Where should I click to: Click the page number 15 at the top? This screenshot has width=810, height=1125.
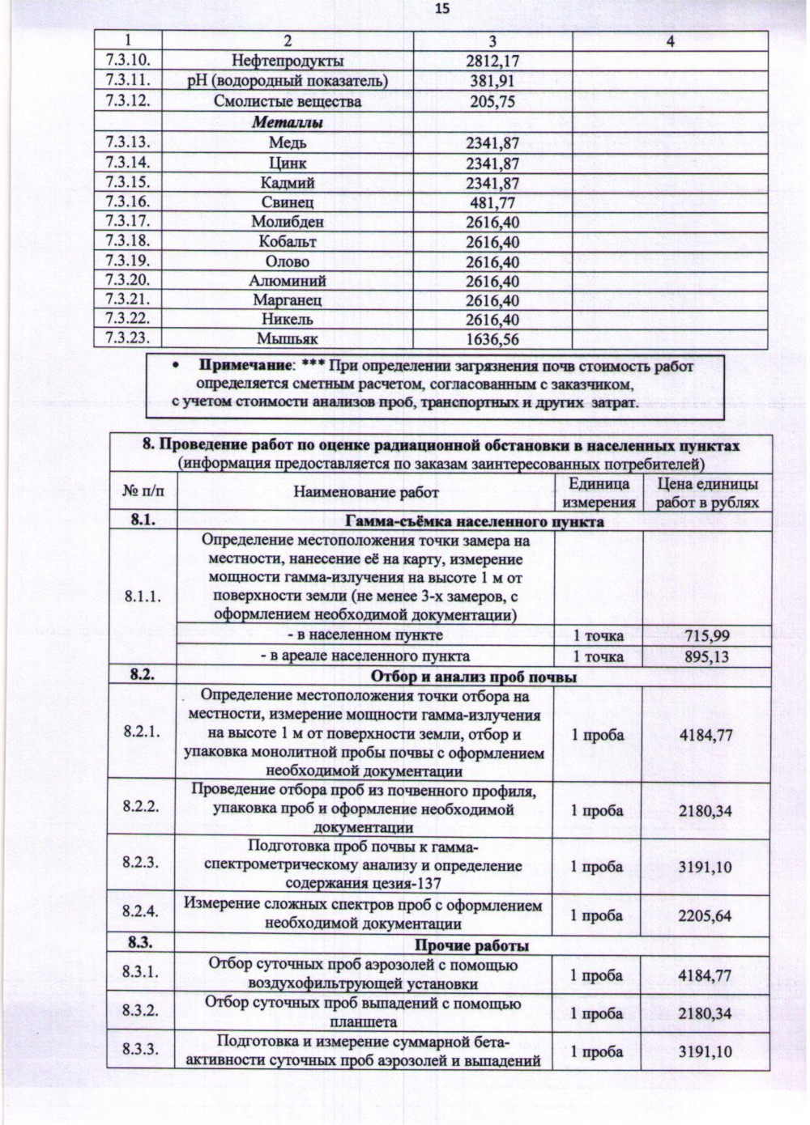click(442, 10)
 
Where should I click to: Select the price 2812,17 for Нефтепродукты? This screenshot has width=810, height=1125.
click(492, 61)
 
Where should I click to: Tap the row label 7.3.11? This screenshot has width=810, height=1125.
click(128, 80)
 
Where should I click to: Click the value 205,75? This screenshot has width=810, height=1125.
click(492, 102)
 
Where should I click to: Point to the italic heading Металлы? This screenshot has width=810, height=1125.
click(288, 123)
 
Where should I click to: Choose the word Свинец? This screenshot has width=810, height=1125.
click(288, 202)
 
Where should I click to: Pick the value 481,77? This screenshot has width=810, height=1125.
click(492, 203)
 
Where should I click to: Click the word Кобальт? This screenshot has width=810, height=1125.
click(288, 241)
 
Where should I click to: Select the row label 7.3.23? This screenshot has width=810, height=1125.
click(128, 338)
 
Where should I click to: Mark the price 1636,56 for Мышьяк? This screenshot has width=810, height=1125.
click(492, 340)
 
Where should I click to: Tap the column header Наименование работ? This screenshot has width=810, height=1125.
click(366, 492)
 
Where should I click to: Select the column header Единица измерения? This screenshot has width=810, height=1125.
click(599, 493)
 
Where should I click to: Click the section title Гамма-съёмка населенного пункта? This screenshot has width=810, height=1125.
click(474, 521)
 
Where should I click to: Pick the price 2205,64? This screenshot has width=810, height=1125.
click(706, 916)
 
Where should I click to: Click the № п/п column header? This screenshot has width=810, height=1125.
click(143, 491)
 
